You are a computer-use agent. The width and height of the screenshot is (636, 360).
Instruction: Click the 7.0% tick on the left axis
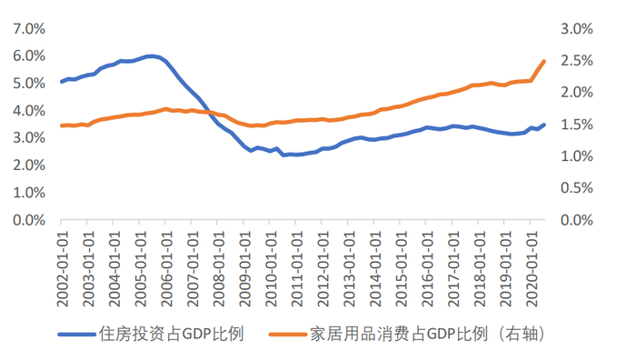[29, 29]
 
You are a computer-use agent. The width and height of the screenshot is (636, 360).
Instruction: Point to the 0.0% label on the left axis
[29, 220]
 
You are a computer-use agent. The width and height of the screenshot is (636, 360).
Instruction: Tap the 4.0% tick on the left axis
[29, 111]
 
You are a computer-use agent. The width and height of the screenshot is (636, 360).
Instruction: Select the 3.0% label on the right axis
[577, 29]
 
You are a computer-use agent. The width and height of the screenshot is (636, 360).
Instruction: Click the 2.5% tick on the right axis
[577, 61]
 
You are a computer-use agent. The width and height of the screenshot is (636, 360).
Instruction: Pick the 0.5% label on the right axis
[577, 188]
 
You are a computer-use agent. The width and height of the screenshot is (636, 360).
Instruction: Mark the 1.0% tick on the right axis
[577, 156]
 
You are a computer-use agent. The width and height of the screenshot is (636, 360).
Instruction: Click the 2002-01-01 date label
[62, 269]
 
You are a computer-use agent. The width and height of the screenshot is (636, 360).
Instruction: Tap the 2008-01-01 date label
[218, 269]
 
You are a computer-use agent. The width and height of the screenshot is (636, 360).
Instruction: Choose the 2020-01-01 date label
[532, 269]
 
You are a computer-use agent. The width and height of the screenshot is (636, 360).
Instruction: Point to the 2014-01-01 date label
[374, 269]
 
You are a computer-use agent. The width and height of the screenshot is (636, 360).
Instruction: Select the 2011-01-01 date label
[296, 269]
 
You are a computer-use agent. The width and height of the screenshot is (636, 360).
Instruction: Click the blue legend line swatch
[77, 335]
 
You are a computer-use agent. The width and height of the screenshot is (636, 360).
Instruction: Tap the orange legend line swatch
[288, 335]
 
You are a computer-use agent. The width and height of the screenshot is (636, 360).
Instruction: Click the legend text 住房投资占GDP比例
[171, 334]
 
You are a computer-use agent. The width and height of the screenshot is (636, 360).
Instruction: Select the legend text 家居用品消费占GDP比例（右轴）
[428, 334]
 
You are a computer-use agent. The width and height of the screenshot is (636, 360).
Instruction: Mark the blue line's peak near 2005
[152, 56]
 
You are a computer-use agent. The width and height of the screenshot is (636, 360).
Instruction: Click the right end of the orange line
[544, 61]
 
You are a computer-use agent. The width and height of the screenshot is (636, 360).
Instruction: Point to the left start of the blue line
[62, 82]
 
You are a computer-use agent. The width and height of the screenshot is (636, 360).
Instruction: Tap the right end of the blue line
[544, 125]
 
